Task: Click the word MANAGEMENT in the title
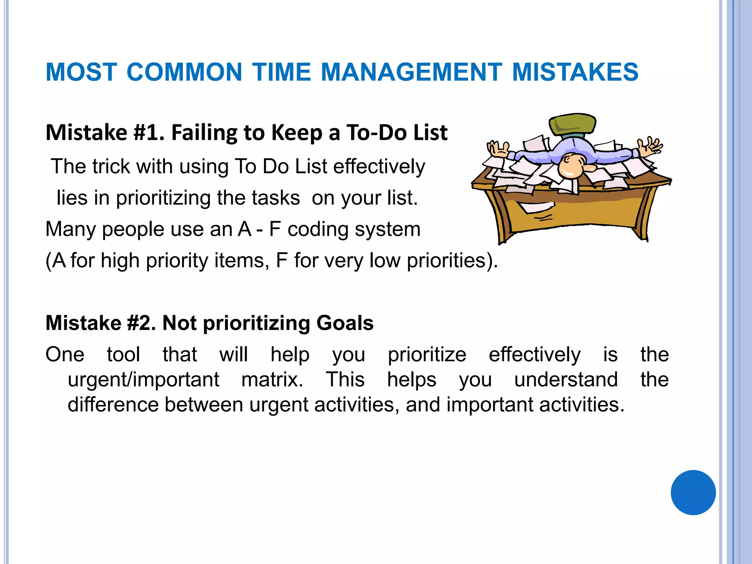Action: [411, 72]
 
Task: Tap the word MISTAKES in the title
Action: [575, 72]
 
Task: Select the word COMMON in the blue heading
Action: [184, 72]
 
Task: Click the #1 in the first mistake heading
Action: [149, 133]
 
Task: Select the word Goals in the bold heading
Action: [345, 323]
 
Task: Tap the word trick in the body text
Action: [111, 166]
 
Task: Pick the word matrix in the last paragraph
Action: [272, 379]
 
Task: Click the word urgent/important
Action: [144, 379]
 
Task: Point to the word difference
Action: [113, 404]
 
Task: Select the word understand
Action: [566, 379]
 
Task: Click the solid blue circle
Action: [693, 492]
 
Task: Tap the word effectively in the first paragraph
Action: [379, 166]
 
